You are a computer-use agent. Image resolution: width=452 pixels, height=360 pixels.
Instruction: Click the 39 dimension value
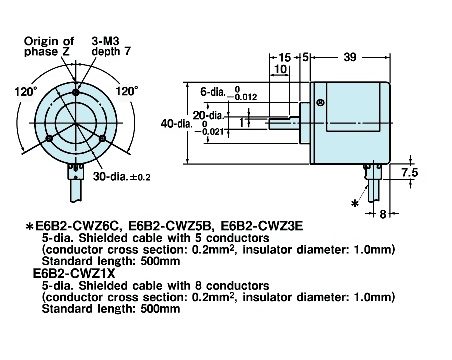pyautogui.click(x=350, y=57)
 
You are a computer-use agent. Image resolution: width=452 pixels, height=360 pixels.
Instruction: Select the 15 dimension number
pyautogui.click(x=285, y=57)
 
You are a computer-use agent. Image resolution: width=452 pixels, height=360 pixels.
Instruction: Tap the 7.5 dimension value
pyautogui.click(x=409, y=172)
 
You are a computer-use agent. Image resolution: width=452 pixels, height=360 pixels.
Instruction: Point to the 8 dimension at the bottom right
pyautogui.click(x=383, y=214)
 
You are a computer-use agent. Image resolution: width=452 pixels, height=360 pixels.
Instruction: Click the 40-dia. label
pyautogui.click(x=177, y=124)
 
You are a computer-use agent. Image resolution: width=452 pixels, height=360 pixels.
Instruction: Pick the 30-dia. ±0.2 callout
pyautogui.click(x=122, y=176)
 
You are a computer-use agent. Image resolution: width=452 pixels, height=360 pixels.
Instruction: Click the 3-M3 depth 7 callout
pyautogui.click(x=111, y=46)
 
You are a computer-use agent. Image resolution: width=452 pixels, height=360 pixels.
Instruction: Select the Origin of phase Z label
pyautogui.click(x=49, y=46)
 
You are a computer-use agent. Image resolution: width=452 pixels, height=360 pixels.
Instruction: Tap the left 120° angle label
pyautogui.click(x=26, y=91)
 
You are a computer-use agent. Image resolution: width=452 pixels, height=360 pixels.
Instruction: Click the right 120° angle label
pyautogui.click(x=127, y=91)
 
